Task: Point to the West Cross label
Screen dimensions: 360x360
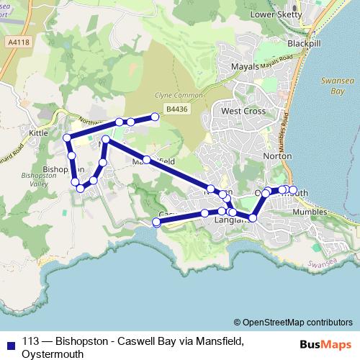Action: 243,112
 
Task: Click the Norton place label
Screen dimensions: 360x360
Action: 278,155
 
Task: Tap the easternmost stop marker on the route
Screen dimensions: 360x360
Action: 292,189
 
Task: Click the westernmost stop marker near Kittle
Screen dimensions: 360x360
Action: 67,138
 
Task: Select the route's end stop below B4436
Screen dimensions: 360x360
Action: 155,117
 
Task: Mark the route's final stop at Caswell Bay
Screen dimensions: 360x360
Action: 157,222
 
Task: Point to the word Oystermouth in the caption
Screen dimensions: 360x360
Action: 53,354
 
